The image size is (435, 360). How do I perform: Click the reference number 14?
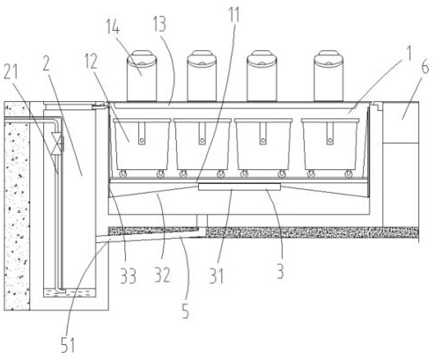pyautogui.click(x=113, y=27)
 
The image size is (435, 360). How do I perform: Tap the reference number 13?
pyautogui.click(x=159, y=24)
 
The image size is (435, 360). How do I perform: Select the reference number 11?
pyautogui.click(x=234, y=15)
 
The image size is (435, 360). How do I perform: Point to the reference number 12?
pyautogui.click(x=91, y=62)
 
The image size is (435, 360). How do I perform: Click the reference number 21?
pyautogui.click(x=11, y=71)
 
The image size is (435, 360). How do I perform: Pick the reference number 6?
pyautogui.click(x=424, y=67)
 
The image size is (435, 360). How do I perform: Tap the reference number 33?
pyautogui.click(x=128, y=276)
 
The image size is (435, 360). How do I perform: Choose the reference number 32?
pyautogui.click(x=162, y=275)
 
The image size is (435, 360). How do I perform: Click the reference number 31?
pyautogui.click(x=216, y=276)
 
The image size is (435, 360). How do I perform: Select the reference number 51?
pyautogui.click(x=68, y=345)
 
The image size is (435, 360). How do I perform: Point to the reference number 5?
pyautogui.click(x=186, y=311)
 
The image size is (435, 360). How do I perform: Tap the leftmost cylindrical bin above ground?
pyautogui.click(x=142, y=76)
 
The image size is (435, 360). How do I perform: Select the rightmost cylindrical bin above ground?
pyautogui.click(x=328, y=76)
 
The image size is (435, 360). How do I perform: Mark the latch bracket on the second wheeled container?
pyautogui.click(x=202, y=133)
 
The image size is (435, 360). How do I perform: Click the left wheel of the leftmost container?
pyautogui.click(x=122, y=173)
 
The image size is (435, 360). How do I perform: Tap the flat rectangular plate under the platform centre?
pyautogui.click(x=240, y=187)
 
